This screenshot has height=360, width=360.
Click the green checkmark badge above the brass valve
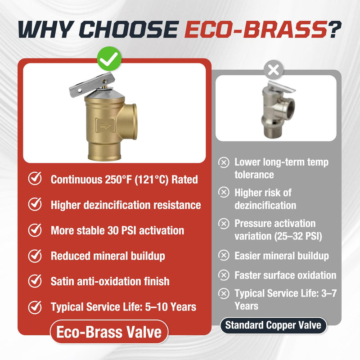[109, 58]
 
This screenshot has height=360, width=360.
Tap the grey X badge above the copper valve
[273, 70]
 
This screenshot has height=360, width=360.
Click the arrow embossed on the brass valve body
[105, 126]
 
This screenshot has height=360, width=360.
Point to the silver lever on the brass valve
[92, 85]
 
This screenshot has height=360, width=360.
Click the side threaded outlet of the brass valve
[131, 121]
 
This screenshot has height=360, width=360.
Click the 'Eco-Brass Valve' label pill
[109, 332]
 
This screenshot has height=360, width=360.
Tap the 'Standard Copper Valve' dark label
[273, 325]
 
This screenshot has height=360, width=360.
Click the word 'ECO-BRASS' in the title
[256, 29]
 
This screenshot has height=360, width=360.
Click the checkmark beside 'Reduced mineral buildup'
[35, 256]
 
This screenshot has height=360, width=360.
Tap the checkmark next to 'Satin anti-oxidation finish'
[35, 281]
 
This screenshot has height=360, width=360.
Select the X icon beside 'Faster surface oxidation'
[224, 275]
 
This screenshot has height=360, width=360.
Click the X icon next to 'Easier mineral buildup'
[224, 255]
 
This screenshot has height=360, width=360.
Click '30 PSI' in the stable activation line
[122, 230]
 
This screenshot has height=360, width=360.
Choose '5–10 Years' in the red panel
[171, 307]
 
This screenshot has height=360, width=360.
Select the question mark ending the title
[334, 29]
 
